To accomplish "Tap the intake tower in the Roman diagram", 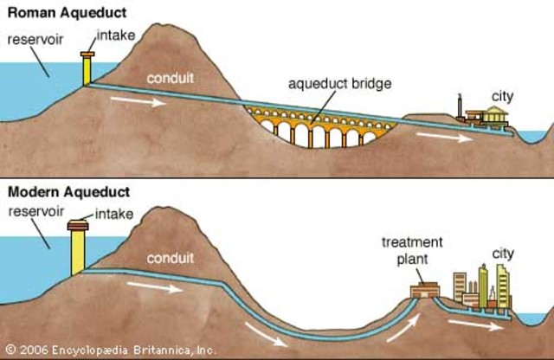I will click(x=87, y=69).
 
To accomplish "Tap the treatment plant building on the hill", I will click(x=423, y=291).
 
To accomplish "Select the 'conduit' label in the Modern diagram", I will click(x=171, y=257).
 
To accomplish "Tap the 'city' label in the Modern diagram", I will click(x=503, y=254).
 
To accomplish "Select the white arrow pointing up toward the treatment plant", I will click(x=401, y=327).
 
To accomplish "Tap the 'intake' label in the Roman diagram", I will click(x=113, y=35).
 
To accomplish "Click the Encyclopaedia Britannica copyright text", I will click(x=108, y=350).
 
